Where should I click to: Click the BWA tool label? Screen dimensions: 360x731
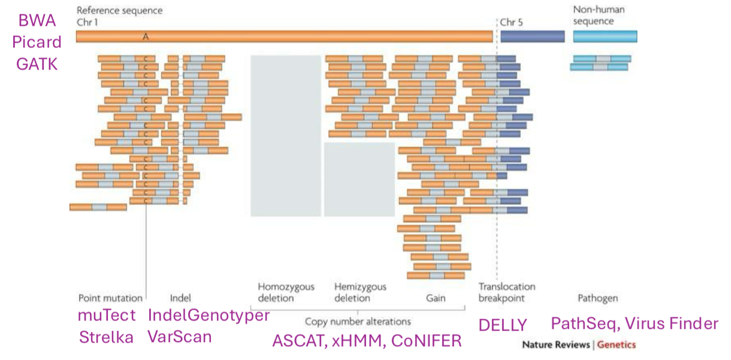(37, 21)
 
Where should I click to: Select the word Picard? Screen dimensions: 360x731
(37, 42)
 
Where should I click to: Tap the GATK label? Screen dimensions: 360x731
(37, 63)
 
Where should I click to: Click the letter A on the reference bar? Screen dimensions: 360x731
(145, 37)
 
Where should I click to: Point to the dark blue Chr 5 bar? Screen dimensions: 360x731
(532, 37)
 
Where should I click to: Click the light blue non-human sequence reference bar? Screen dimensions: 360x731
(605, 37)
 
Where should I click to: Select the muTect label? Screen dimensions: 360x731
(107, 315)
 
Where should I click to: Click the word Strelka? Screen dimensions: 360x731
(106, 337)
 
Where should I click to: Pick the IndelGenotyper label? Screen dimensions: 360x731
(209, 315)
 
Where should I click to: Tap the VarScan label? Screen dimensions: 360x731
(180, 337)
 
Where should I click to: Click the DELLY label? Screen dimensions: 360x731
(502, 325)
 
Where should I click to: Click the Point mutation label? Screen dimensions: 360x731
(110, 298)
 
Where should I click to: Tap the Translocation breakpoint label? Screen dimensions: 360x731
(506, 292)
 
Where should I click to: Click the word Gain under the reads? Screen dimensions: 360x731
(436, 298)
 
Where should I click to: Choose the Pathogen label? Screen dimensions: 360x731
(597, 298)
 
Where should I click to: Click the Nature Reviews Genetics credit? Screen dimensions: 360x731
(578, 344)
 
